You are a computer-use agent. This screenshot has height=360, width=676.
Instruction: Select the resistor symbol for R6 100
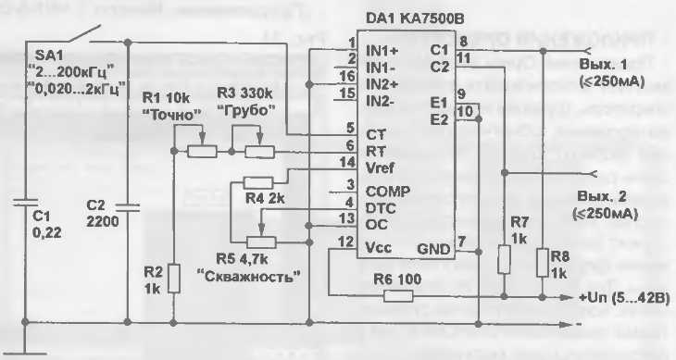click(398, 296)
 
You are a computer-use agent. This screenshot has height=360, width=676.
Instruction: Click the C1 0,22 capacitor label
click(40, 224)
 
